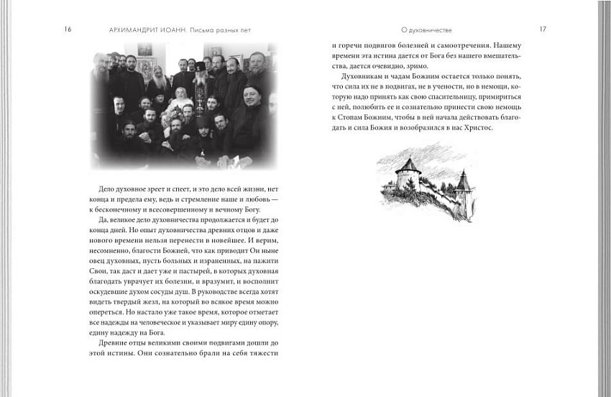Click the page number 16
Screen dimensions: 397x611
[68, 29]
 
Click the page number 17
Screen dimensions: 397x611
[543, 29]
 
